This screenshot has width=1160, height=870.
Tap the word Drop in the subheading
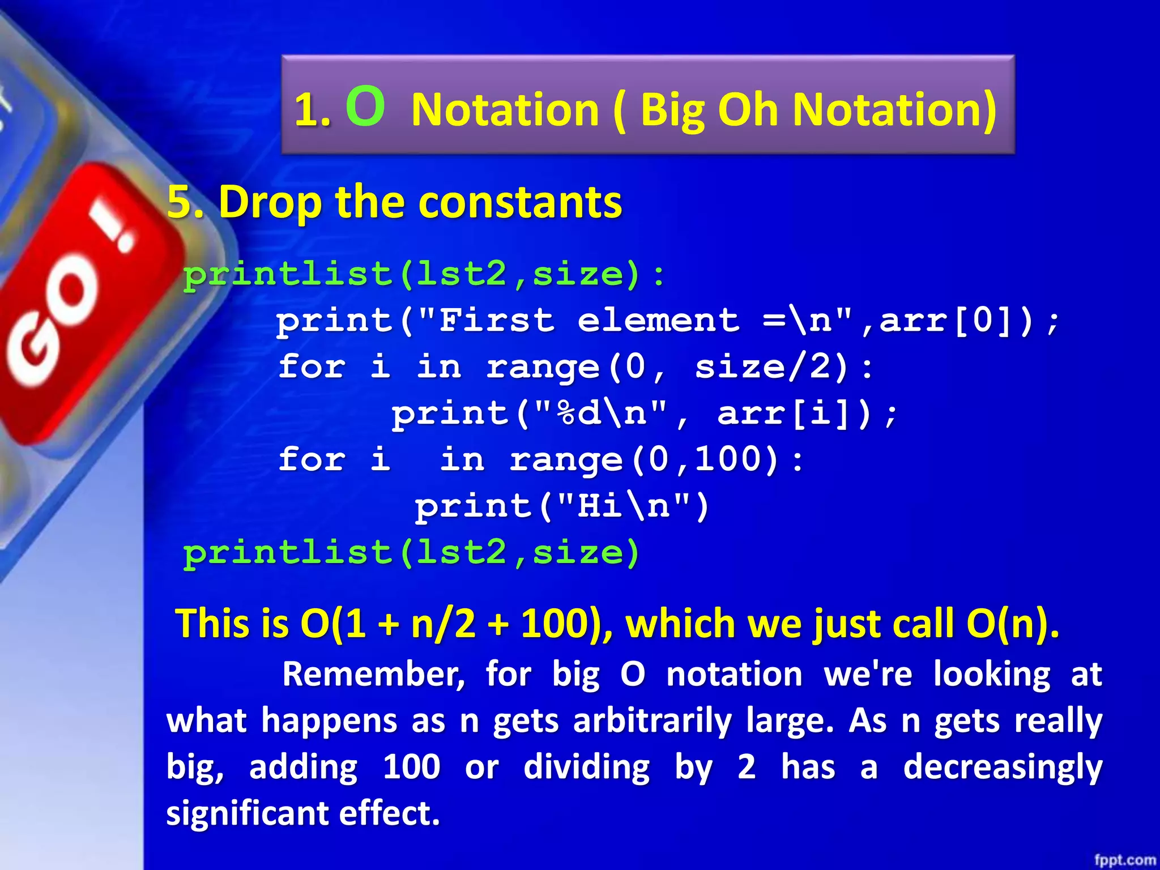pos(269,202)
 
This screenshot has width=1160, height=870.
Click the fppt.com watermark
pos(1124,860)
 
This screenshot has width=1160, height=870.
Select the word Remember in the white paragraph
pos(373,675)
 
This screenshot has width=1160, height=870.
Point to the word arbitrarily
pos(652,721)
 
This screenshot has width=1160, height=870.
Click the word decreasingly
pos(1002,767)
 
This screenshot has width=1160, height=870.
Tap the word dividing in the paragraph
pos(586,767)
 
